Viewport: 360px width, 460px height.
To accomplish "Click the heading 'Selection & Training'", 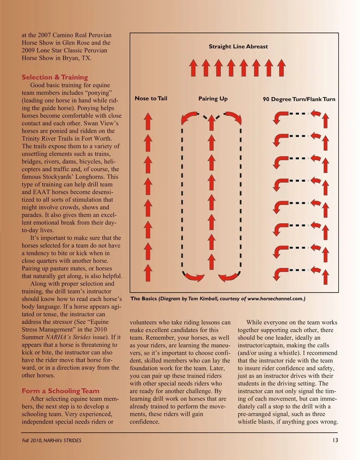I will pyautogui.click(x=55, y=78).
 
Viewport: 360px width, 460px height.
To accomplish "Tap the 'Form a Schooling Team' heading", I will pyautogui.click(x=60, y=391).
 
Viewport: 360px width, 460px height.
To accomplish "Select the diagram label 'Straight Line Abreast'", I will pyautogui.click(x=238, y=46).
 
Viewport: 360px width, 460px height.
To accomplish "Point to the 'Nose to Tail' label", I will pyautogui.click(x=151, y=99).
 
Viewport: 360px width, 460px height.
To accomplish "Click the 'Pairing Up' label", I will pyautogui.click(x=213, y=99).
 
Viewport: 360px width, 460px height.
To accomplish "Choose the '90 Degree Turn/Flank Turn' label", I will pyautogui.click(x=299, y=99).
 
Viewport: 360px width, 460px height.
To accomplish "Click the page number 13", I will pyautogui.click(x=335, y=440).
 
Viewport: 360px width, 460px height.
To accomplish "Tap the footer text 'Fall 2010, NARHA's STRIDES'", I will pyautogui.click(x=51, y=441).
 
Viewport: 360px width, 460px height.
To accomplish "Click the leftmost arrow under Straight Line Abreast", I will pyautogui.click(x=193, y=67).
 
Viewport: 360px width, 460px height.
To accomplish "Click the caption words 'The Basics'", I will pyautogui.click(x=144, y=299).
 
